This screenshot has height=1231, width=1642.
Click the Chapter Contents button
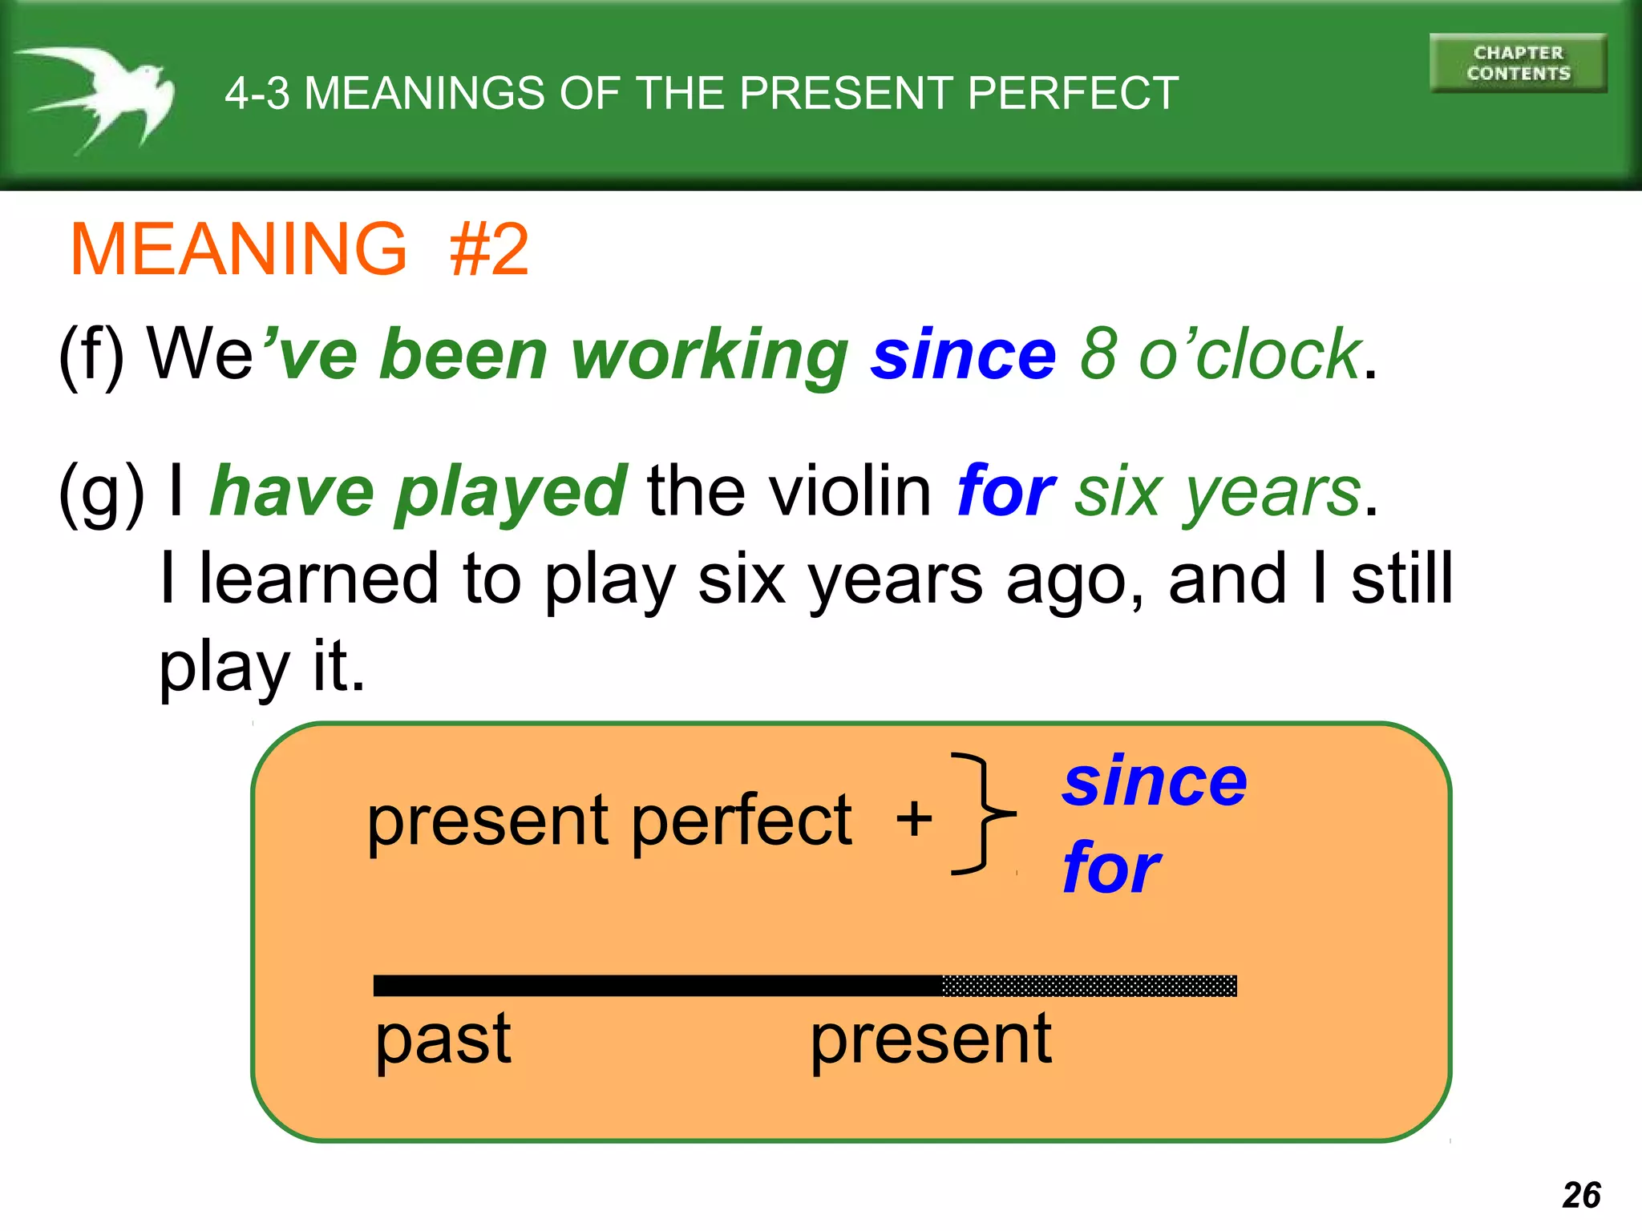pos(1518,63)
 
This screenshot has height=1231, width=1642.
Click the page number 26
pos(1581,1195)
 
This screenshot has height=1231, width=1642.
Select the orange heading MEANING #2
pos(300,249)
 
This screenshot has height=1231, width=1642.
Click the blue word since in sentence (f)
pos(964,355)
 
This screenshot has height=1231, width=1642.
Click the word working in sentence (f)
pos(709,355)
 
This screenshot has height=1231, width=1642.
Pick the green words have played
pos(418,491)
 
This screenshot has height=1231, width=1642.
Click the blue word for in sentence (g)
pos(1005,491)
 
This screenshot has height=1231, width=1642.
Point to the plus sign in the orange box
pos(914,820)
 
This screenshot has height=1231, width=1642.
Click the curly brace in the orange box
pos(982,813)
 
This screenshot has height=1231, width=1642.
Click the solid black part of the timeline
pos(657,986)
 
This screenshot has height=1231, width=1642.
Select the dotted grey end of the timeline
pos(1089,986)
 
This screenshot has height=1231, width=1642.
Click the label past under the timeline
pos(443,1039)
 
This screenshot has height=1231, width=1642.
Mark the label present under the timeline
pos(930,1039)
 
